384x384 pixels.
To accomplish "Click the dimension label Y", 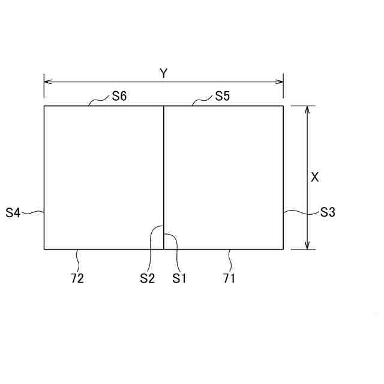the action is tap(163, 73).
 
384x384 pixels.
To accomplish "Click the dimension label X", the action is tap(314, 177).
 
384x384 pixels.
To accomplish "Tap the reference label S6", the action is tap(119, 96).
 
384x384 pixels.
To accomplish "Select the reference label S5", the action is tap(223, 96).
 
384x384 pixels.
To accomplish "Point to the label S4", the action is tap(13, 212).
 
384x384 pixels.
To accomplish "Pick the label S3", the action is tap(328, 212).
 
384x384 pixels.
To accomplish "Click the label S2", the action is tap(147, 278).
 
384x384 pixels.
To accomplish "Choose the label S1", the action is tap(179, 278).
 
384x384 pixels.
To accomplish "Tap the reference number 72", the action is tap(77, 278).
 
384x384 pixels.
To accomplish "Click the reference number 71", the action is tap(229, 278).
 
